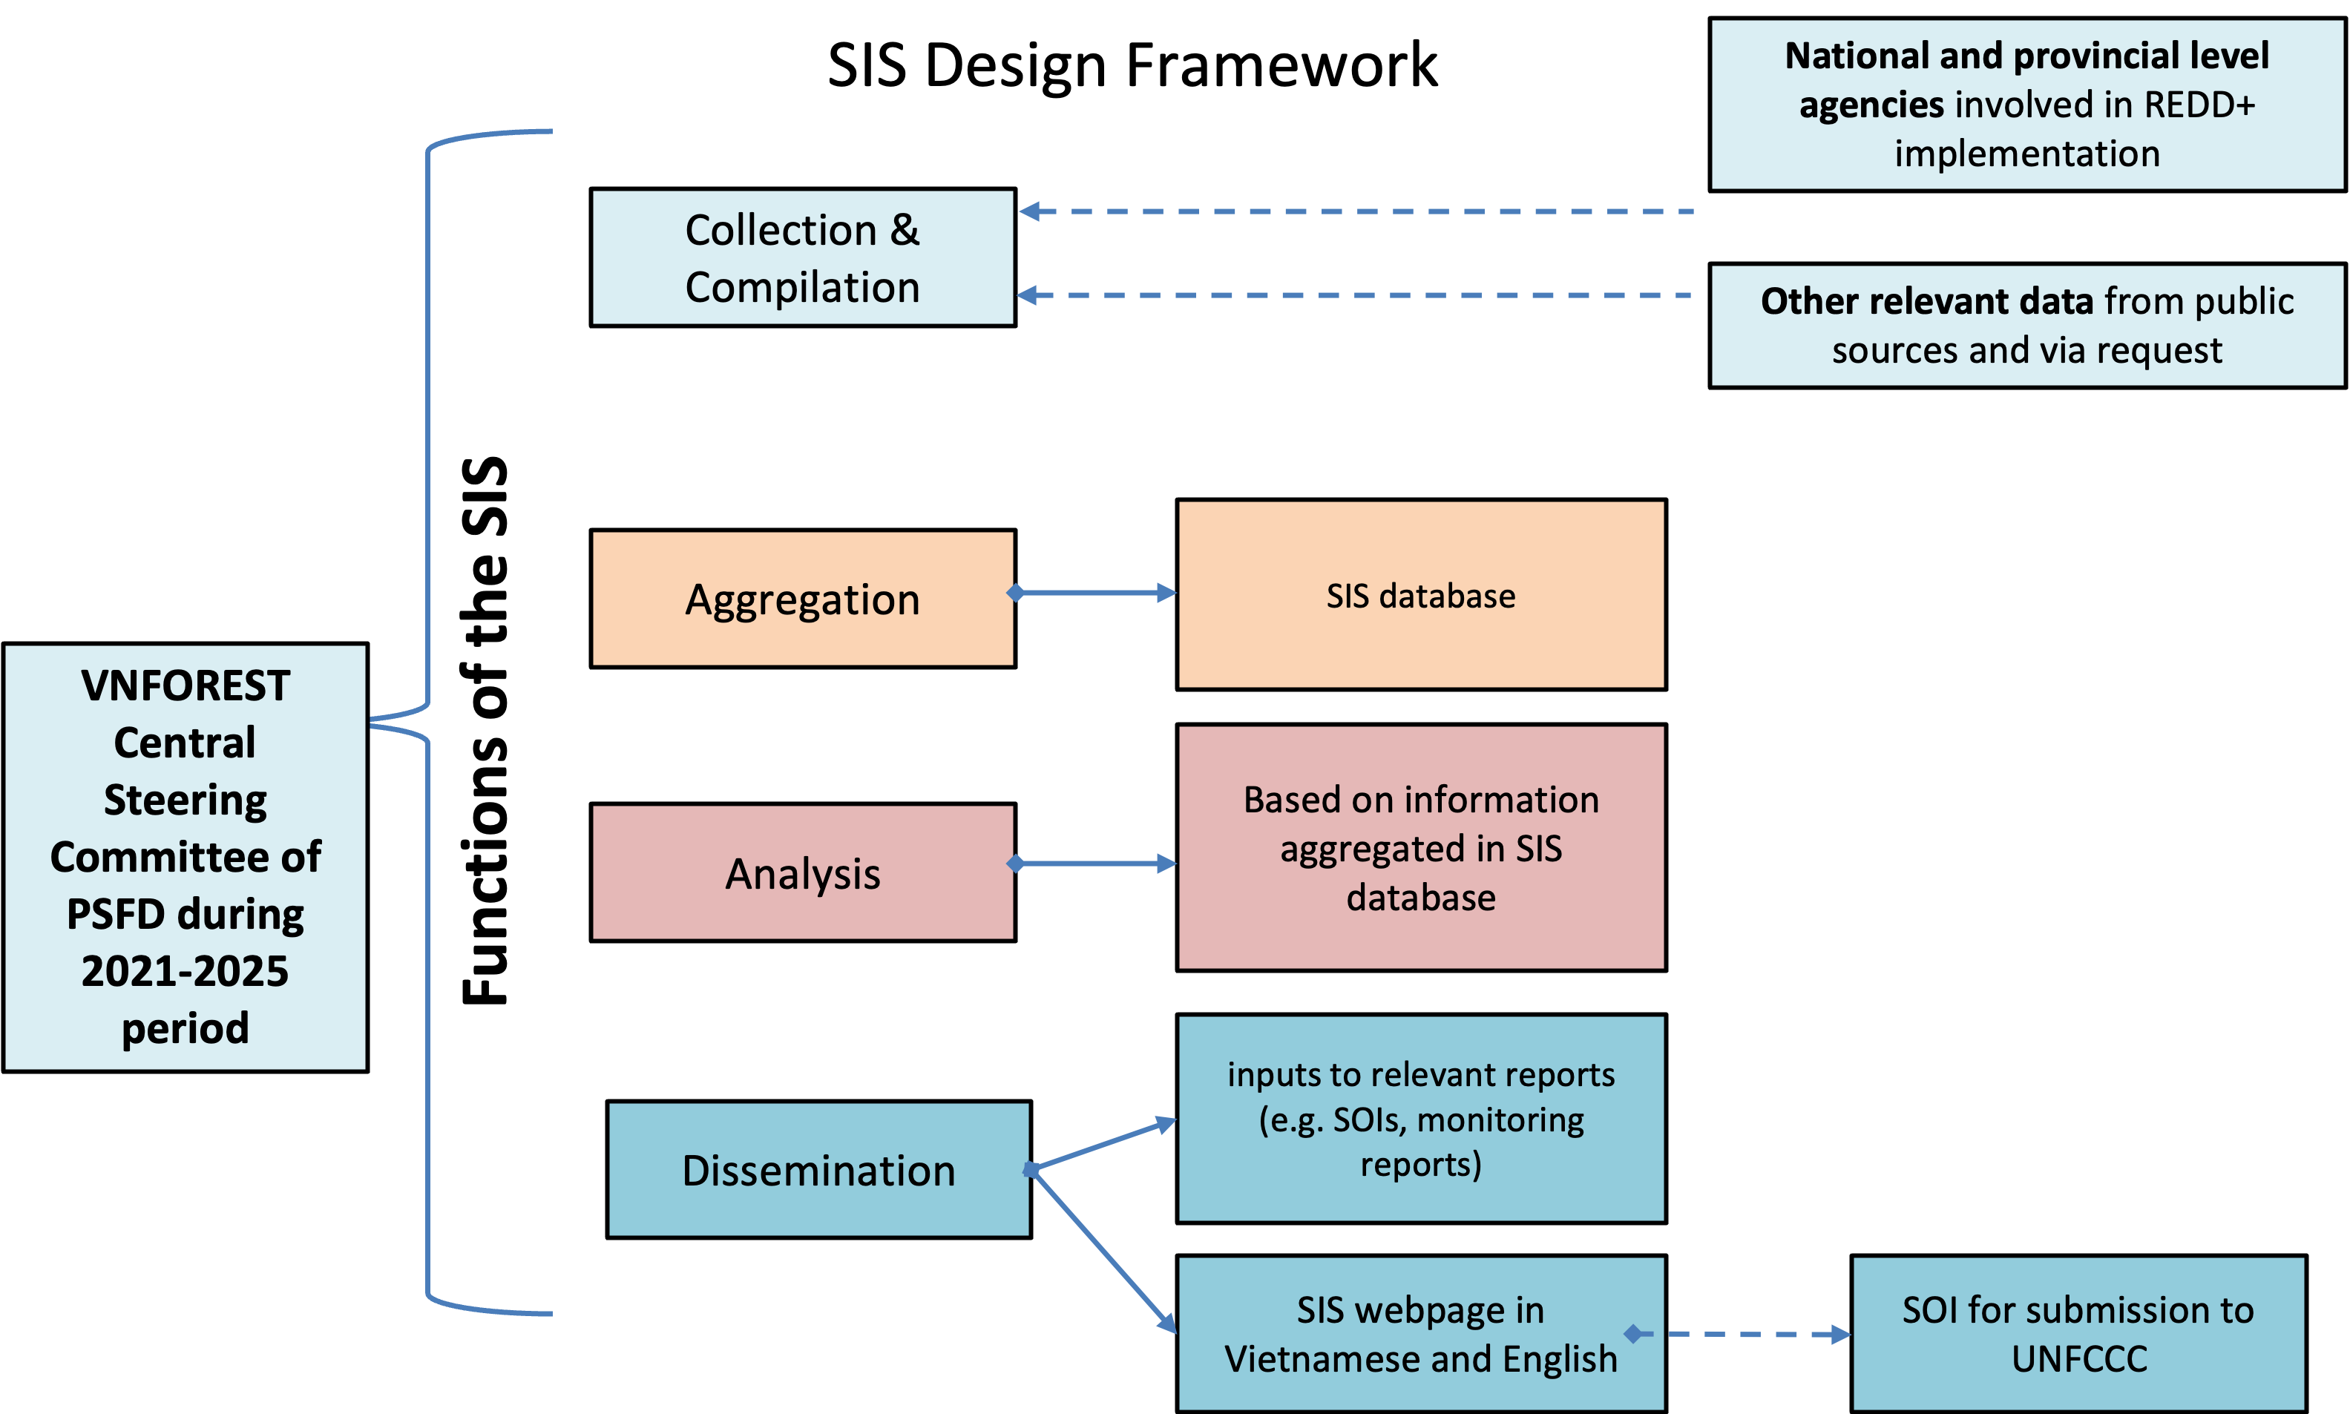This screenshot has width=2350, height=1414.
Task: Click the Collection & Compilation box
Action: click(802, 257)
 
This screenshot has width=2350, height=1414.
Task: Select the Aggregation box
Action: click(802, 599)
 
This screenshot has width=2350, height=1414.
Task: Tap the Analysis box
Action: click(802, 872)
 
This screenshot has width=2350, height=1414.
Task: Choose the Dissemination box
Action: click(818, 1169)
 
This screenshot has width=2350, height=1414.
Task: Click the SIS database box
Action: click(1421, 594)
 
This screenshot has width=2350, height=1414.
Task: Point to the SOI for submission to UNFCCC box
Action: click(2078, 1333)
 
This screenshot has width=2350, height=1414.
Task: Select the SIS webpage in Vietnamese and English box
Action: click(1421, 1333)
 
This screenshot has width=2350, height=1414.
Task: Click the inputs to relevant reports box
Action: click(1421, 1118)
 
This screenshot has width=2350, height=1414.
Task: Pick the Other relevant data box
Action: click(2027, 326)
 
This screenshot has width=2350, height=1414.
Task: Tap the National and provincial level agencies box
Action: click(2027, 105)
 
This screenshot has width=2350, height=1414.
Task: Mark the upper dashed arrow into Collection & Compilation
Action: click(1353, 211)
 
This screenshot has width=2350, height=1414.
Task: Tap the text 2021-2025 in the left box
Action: click(185, 971)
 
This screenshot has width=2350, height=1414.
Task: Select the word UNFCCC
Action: click(2079, 1359)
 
